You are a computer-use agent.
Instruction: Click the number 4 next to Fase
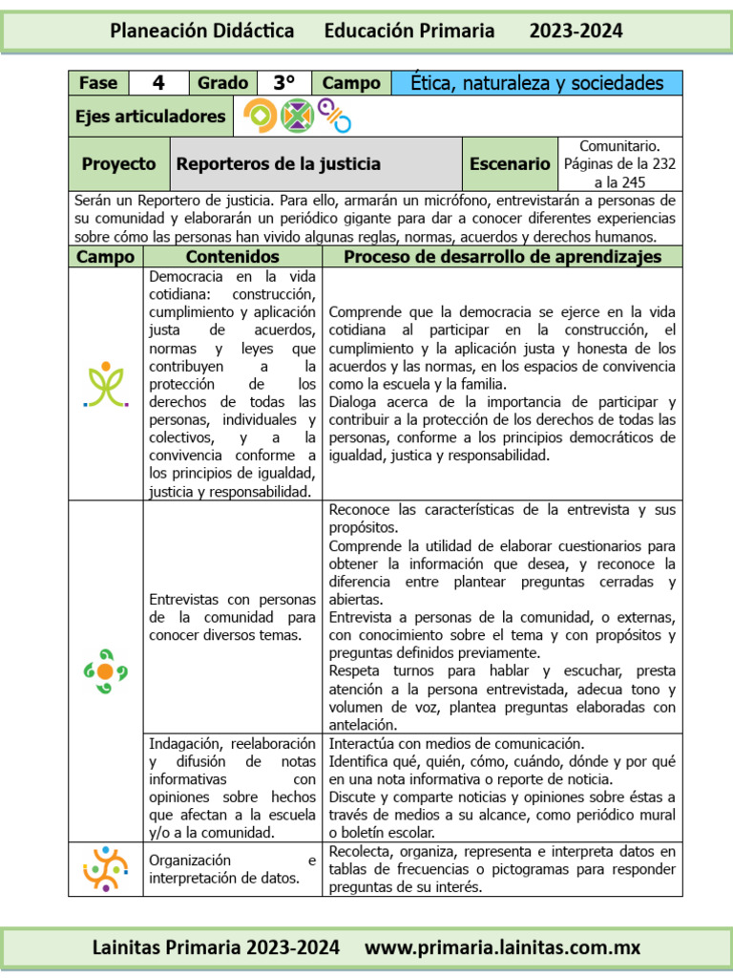(157, 83)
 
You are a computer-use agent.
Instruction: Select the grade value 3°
(283, 83)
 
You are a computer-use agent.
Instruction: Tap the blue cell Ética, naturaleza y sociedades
(536, 83)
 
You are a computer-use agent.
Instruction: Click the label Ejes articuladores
(151, 117)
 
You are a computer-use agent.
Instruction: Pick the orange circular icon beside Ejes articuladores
(261, 117)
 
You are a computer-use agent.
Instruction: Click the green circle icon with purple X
(297, 117)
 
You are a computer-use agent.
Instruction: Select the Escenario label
(510, 163)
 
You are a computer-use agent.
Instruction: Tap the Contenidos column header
(232, 256)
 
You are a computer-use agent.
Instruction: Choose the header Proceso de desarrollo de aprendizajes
(502, 256)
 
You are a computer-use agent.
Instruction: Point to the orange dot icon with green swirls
(105, 670)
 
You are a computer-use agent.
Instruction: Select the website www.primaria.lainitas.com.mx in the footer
(503, 947)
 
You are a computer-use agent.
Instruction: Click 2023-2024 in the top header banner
(576, 31)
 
